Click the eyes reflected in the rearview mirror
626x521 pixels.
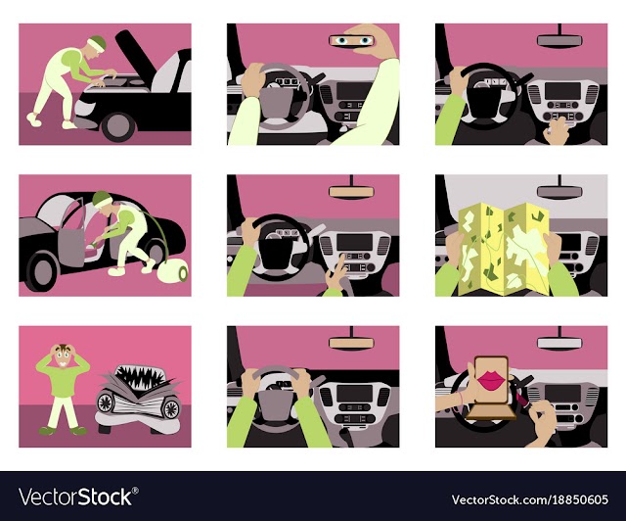(352, 41)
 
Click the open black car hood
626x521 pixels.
(135, 53)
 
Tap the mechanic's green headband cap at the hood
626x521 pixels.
(98, 43)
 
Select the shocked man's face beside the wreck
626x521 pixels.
(63, 355)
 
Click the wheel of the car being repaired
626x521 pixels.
(118, 126)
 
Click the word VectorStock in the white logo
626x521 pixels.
(76, 497)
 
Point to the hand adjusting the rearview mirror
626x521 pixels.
(374, 39)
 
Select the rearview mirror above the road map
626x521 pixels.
(559, 192)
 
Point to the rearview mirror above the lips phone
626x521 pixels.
(559, 343)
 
